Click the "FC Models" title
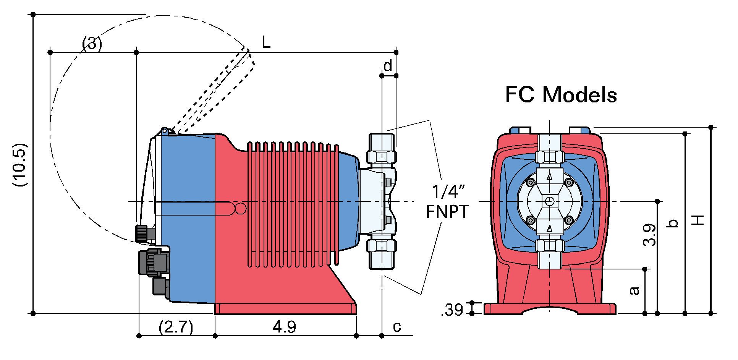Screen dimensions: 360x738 561,95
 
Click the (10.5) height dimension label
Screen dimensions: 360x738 20,165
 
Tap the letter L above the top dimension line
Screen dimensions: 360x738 266,42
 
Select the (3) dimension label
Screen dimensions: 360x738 92,44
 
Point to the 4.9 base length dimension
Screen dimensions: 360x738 285,327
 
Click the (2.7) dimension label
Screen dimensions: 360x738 176,327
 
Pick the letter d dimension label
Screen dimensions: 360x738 387,66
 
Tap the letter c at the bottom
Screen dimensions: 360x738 397,327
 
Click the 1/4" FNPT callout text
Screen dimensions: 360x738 447,202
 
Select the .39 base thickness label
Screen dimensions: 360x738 452,310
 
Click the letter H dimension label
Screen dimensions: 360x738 698,220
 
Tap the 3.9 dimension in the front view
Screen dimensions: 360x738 649,235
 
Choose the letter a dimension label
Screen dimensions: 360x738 634,290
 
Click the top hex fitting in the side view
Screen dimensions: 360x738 382,156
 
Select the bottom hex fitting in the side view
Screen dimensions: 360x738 381,246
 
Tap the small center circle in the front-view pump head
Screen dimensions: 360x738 550,201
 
